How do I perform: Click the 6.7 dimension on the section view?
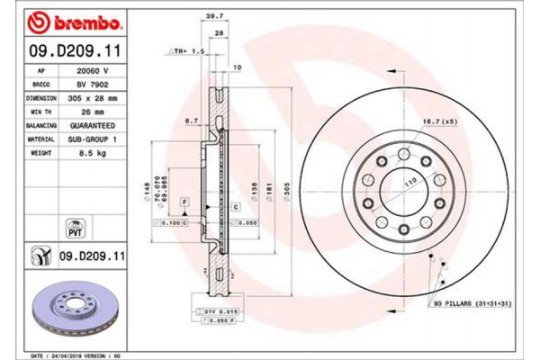coord(191,120)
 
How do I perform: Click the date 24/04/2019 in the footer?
coord(79,354)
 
